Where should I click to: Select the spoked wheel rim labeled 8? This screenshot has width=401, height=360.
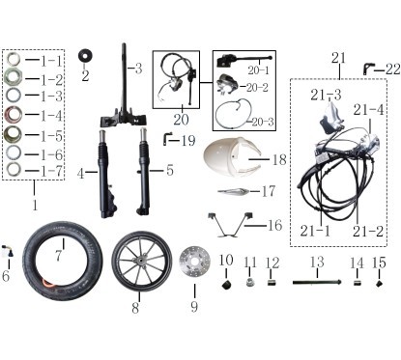pos(142,262)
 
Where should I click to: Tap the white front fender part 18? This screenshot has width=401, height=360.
pos(231,156)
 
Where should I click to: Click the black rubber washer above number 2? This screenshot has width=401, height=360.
pos(85,55)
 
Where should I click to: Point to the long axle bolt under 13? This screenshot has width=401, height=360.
pos(317,283)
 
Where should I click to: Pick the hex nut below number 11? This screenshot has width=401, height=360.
pos(250,283)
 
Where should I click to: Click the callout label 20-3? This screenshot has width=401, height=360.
pos(263,122)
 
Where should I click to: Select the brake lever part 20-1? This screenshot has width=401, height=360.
pos(244,60)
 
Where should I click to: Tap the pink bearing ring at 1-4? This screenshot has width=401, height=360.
pos(14,115)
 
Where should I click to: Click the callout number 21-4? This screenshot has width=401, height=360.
pos(368,110)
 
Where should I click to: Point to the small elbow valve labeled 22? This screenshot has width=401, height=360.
pos(369,69)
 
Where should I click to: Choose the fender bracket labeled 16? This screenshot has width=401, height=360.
pos(230,225)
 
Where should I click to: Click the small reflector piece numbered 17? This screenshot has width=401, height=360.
pos(233,191)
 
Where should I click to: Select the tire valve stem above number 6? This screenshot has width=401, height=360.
pos(8,252)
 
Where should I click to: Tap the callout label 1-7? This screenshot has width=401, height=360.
pos(51,171)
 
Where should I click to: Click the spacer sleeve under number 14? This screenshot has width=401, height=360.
pos(357,284)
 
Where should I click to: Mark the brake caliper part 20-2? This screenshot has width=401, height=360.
pos(226,84)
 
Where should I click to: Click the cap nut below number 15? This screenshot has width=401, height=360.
pos(380,284)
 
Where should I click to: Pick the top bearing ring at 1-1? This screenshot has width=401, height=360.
pos(14,59)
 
